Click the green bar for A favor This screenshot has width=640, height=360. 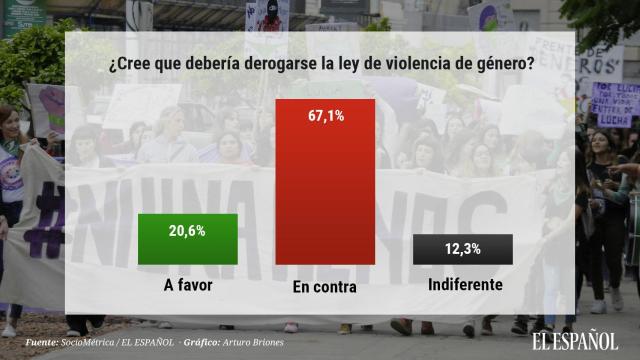pyautogui.click(x=187, y=239)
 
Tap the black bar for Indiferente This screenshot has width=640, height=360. pyautogui.click(x=462, y=249)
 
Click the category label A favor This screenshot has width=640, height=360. pyautogui.click(x=187, y=285)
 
